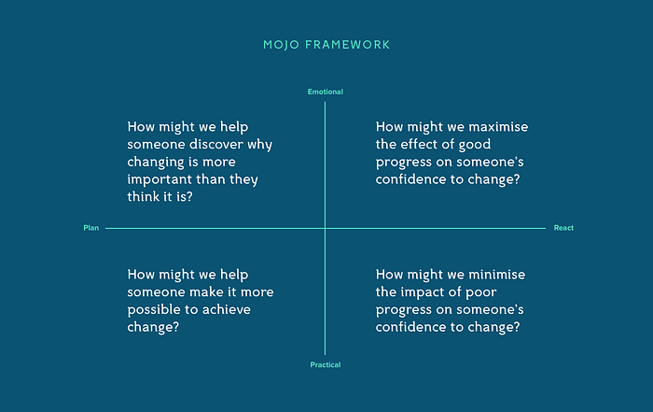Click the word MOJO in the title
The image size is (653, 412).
[281, 45]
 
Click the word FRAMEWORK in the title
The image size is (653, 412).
[347, 45]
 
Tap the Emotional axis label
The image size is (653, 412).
[326, 92]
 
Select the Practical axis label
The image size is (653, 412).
[326, 365]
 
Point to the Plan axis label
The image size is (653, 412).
[91, 228]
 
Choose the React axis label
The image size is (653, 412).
[563, 228]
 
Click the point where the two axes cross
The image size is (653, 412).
[326, 228]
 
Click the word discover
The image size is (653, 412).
[216, 144]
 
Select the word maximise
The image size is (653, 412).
[498, 127]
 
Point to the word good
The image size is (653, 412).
[474, 145]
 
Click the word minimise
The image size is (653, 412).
[497, 275]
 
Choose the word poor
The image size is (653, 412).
[480, 292]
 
